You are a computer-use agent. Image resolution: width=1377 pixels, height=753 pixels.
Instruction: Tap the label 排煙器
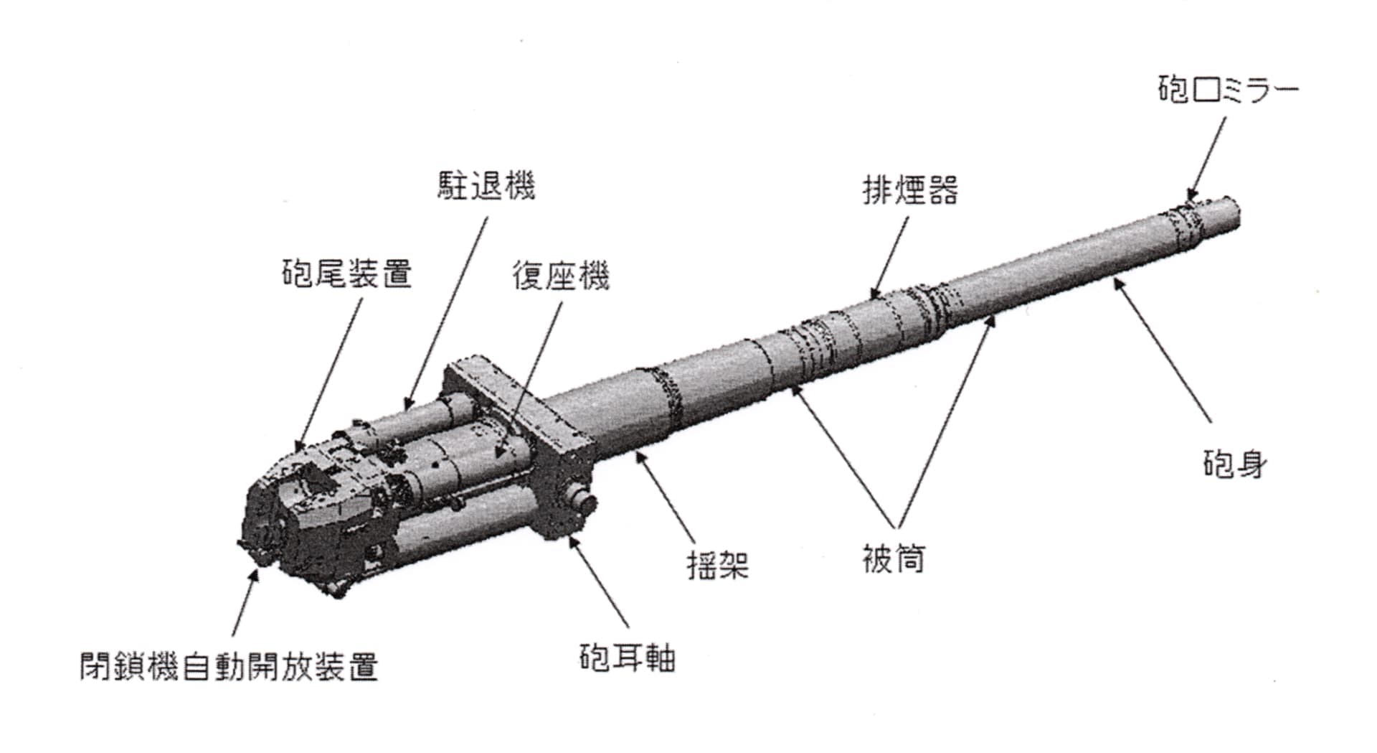click(909, 191)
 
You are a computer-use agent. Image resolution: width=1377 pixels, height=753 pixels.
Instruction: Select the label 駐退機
click(486, 186)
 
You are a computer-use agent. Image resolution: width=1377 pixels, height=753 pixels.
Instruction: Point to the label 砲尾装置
click(346, 273)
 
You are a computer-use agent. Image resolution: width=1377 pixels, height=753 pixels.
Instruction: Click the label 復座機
click(560, 276)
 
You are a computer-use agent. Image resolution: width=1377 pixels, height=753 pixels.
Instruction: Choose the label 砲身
click(1234, 464)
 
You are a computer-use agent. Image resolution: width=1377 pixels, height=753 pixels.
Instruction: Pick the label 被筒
click(894, 558)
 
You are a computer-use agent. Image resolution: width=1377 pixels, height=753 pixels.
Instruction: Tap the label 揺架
click(718, 564)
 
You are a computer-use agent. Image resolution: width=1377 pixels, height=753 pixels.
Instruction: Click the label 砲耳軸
click(627, 658)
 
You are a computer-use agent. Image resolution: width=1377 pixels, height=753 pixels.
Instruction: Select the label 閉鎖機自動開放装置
click(229, 666)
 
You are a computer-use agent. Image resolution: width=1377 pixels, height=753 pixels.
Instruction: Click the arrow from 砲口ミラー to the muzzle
click(1206, 158)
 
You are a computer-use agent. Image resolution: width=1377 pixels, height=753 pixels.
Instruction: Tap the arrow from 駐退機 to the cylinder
click(446, 312)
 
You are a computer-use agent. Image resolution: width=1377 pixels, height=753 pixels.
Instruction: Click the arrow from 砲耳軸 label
click(599, 581)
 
